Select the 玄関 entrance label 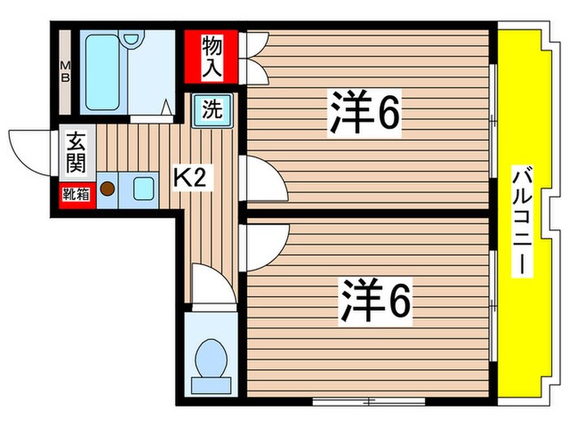coord(76,152)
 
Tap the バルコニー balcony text coord(523,220)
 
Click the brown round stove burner coord(108,190)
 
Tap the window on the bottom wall coord(371,400)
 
